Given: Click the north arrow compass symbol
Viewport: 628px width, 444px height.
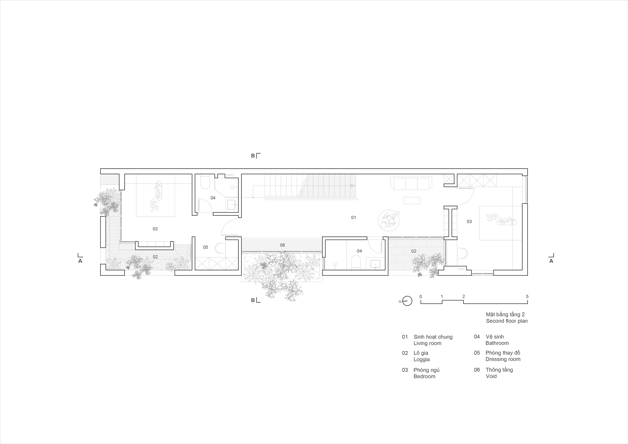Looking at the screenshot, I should [407, 301].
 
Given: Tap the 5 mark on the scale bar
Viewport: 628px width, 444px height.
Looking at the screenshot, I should [527, 296].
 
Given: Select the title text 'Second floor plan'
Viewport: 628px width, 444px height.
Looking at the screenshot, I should [506, 321].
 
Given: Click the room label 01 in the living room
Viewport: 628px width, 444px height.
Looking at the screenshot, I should [354, 217].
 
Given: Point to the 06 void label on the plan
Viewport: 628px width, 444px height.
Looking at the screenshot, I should [282, 245].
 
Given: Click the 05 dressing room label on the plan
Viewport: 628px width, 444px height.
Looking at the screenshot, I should [205, 247].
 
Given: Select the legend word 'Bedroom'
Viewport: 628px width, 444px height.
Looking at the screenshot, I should [424, 376].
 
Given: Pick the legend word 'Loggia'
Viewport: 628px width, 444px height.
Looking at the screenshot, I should [421, 359].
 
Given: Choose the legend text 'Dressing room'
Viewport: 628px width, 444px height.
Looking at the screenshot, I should [503, 359].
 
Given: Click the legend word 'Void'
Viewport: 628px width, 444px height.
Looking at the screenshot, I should [491, 376].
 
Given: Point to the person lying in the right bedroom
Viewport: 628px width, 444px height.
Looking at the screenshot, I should [501, 219].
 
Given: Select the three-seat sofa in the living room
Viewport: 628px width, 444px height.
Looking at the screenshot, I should [411, 183].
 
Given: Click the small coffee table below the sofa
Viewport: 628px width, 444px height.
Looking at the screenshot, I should [412, 200].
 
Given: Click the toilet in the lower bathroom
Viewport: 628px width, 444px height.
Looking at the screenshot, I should [356, 262].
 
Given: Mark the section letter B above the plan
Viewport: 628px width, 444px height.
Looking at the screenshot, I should [253, 156].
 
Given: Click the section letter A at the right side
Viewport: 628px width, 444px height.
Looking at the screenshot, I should [551, 261].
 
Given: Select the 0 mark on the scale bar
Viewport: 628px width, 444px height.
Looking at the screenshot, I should [421, 296].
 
